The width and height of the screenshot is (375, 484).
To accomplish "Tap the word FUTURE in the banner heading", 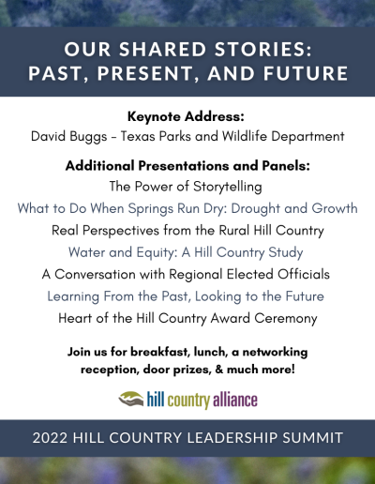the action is coord(306,73).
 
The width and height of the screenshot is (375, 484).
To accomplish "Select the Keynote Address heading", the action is coord(186,116).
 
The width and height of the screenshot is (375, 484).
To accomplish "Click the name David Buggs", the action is coord(69,137).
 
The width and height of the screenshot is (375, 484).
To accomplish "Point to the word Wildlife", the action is coord(245,136).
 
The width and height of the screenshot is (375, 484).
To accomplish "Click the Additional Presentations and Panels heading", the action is coord(187,165).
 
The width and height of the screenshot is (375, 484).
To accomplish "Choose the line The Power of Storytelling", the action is coord(186,187).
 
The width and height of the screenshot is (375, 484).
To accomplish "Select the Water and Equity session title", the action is coord(186,252).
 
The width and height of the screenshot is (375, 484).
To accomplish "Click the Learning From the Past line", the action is coord(186,296).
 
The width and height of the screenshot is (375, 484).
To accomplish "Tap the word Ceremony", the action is coord(286,319).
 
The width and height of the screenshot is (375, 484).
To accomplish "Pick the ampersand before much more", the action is coord(219,370).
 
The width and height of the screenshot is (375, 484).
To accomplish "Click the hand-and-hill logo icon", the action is coord(131,399).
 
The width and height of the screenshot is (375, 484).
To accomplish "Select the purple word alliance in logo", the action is coord(235,400).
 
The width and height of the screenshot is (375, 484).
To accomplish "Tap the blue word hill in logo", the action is coord(156,400).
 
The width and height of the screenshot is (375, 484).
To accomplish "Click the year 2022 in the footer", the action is coord(50,438).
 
